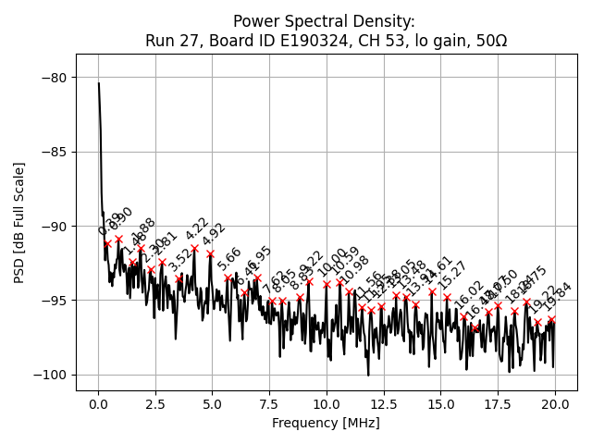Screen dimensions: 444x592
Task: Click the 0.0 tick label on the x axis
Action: (x=98, y=405)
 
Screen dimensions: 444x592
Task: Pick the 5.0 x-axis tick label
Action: (x=212, y=405)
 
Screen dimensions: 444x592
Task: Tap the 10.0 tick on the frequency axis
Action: (x=326, y=405)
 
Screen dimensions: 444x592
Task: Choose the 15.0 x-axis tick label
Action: (x=440, y=405)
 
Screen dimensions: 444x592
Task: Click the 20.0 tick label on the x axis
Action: (x=554, y=405)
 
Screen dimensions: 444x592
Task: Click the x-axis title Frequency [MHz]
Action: (x=326, y=424)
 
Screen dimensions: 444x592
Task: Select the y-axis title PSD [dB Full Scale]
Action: (x=18, y=222)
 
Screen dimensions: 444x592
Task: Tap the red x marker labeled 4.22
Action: (x=194, y=248)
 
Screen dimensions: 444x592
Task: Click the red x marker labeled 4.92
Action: (x=210, y=253)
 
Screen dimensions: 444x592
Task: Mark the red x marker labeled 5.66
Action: (x=228, y=277)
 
